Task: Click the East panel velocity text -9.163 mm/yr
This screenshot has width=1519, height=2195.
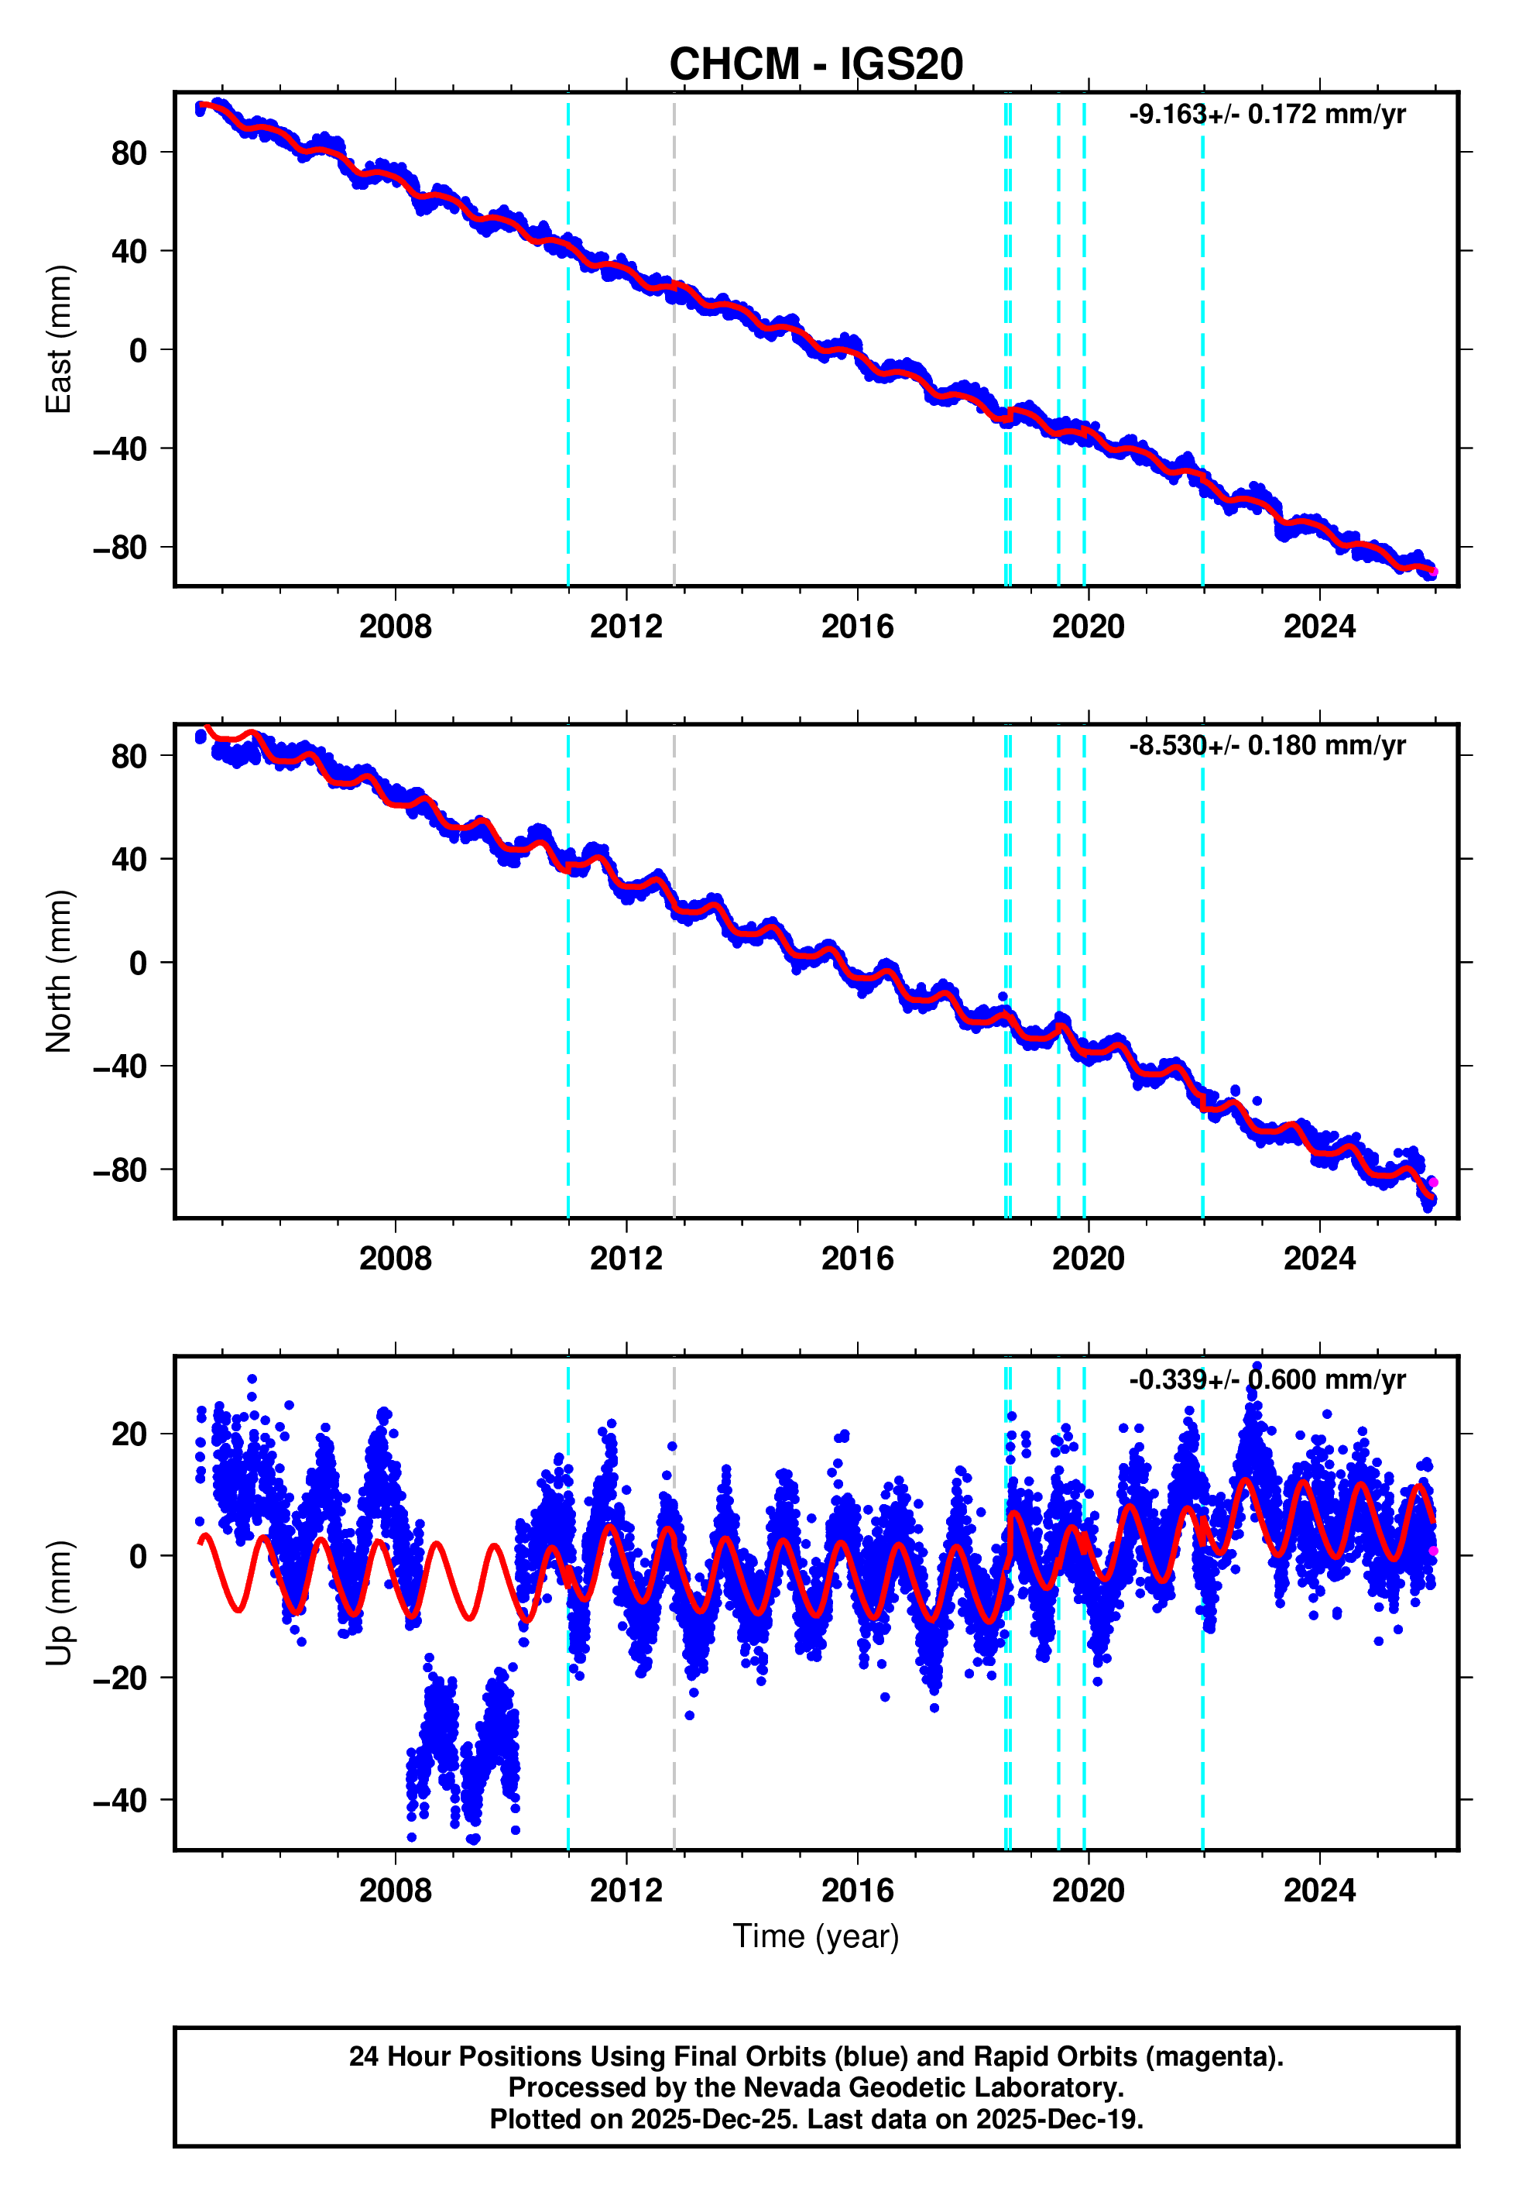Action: point(1266,114)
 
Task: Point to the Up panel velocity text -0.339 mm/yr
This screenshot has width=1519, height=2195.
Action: point(1266,1379)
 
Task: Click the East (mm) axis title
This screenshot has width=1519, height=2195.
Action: point(59,339)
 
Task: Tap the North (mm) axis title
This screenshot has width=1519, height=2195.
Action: point(59,971)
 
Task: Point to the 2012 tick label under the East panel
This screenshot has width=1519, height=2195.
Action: point(626,627)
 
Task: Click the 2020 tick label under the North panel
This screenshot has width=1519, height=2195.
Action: point(1087,1259)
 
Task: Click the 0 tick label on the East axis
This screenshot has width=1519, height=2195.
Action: point(138,350)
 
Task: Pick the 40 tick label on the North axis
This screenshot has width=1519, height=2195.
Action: point(129,860)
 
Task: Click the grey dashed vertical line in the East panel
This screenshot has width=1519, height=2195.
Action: point(674,381)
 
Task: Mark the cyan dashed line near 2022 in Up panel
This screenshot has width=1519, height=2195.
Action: point(1202,1618)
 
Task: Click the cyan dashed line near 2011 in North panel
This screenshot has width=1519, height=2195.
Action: point(568,1047)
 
